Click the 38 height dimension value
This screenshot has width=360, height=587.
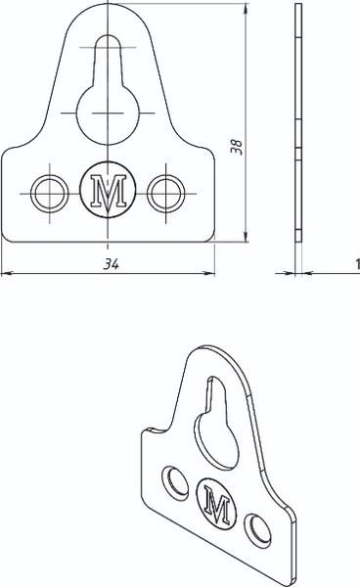(x=237, y=147)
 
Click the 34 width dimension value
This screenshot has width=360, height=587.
(x=111, y=264)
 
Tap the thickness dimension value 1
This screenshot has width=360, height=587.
(x=357, y=264)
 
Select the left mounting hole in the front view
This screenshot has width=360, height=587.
(x=50, y=194)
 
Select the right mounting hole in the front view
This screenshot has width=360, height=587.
(x=165, y=194)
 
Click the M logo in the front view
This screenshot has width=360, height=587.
(x=108, y=190)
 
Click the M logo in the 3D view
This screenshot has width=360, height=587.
(x=216, y=504)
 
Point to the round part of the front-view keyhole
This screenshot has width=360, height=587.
(x=108, y=114)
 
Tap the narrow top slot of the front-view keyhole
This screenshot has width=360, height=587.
(x=108, y=60)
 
